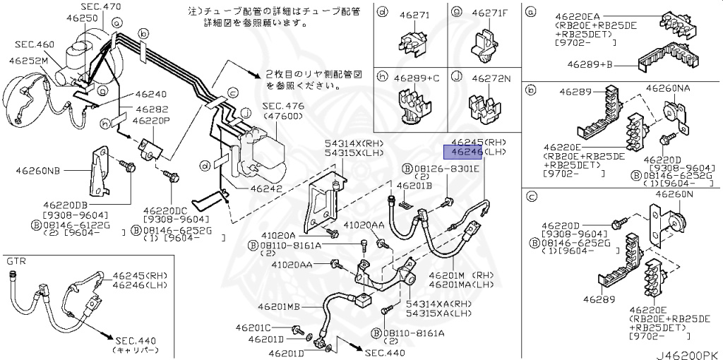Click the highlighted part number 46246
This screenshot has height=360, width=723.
(462, 152)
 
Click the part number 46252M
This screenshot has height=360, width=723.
(28, 60)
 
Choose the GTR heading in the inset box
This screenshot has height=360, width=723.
(16, 260)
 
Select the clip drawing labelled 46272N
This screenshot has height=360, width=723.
(486, 104)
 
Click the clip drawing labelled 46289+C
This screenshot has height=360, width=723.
(412, 106)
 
